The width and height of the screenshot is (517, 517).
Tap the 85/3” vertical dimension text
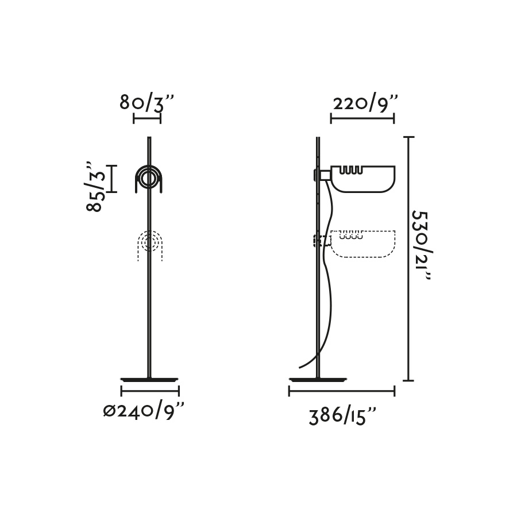pos(95,187)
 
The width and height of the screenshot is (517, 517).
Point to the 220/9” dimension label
pos(366,103)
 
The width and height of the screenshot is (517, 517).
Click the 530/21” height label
pos(422,246)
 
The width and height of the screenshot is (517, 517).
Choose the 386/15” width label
pos(342,416)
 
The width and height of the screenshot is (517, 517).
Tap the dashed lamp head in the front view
pos(150,245)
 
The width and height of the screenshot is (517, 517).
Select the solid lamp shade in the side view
pos(363,179)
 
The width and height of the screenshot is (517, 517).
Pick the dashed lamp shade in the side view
pos(363,244)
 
